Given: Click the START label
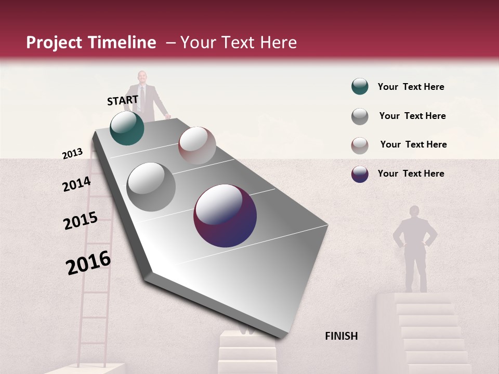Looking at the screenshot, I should click(x=123, y=100).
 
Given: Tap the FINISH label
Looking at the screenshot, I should click(x=341, y=336).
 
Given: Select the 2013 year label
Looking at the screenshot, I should click(x=72, y=154).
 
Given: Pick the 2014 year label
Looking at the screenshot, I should click(x=76, y=184).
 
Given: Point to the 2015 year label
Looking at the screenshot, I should click(x=81, y=221).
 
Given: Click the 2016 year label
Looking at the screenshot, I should click(x=88, y=263).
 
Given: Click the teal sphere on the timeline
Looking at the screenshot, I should click(x=127, y=128).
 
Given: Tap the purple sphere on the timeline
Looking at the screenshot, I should click(x=225, y=216).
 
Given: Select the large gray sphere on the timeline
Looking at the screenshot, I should click(x=151, y=187).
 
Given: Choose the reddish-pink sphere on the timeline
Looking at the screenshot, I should click(x=197, y=145).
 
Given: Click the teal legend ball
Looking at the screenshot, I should click(x=360, y=87).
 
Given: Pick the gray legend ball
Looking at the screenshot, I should click(x=360, y=116).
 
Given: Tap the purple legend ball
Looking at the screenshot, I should click(x=360, y=174).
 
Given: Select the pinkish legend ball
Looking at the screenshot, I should click(x=360, y=145).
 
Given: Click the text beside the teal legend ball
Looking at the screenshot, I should click(x=411, y=87).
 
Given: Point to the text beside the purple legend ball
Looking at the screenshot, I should click(x=411, y=173).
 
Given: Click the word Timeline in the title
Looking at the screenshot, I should click(x=121, y=43).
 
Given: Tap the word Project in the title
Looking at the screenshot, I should click(x=55, y=43).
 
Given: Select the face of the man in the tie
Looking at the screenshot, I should click(x=142, y=77).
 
